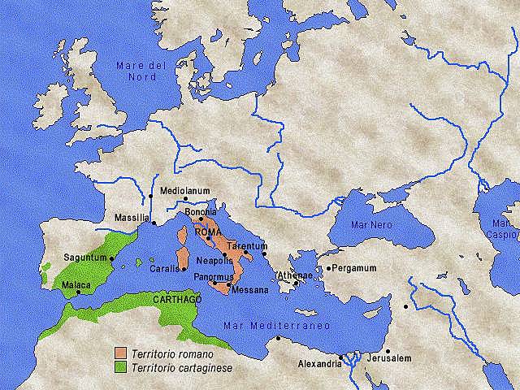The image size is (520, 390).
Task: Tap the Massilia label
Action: (132, 218)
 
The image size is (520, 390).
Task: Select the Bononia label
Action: (201, 212)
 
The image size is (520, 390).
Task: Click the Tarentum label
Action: (247, 245)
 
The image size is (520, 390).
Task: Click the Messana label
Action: (249, 289)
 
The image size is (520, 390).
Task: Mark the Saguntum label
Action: (84, 258)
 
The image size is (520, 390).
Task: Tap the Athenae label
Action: (296, 275)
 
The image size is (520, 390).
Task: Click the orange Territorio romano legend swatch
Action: (120, 353)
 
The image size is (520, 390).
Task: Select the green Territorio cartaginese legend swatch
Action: (120, 366)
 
